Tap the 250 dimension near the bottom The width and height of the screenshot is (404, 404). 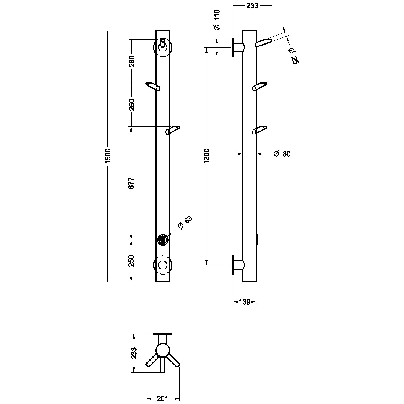(131, 261)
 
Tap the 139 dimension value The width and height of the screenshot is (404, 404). (245, 302)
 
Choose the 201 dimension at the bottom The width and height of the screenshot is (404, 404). (163, 399)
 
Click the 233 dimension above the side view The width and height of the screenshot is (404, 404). (252, 6)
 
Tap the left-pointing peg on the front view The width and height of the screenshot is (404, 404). (153, 86)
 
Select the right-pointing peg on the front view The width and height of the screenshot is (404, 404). (173, 130)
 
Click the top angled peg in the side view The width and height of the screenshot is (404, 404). (264, 42)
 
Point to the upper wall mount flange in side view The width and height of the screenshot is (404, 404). (238, 47)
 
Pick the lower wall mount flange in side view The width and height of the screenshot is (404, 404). (238, 265)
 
